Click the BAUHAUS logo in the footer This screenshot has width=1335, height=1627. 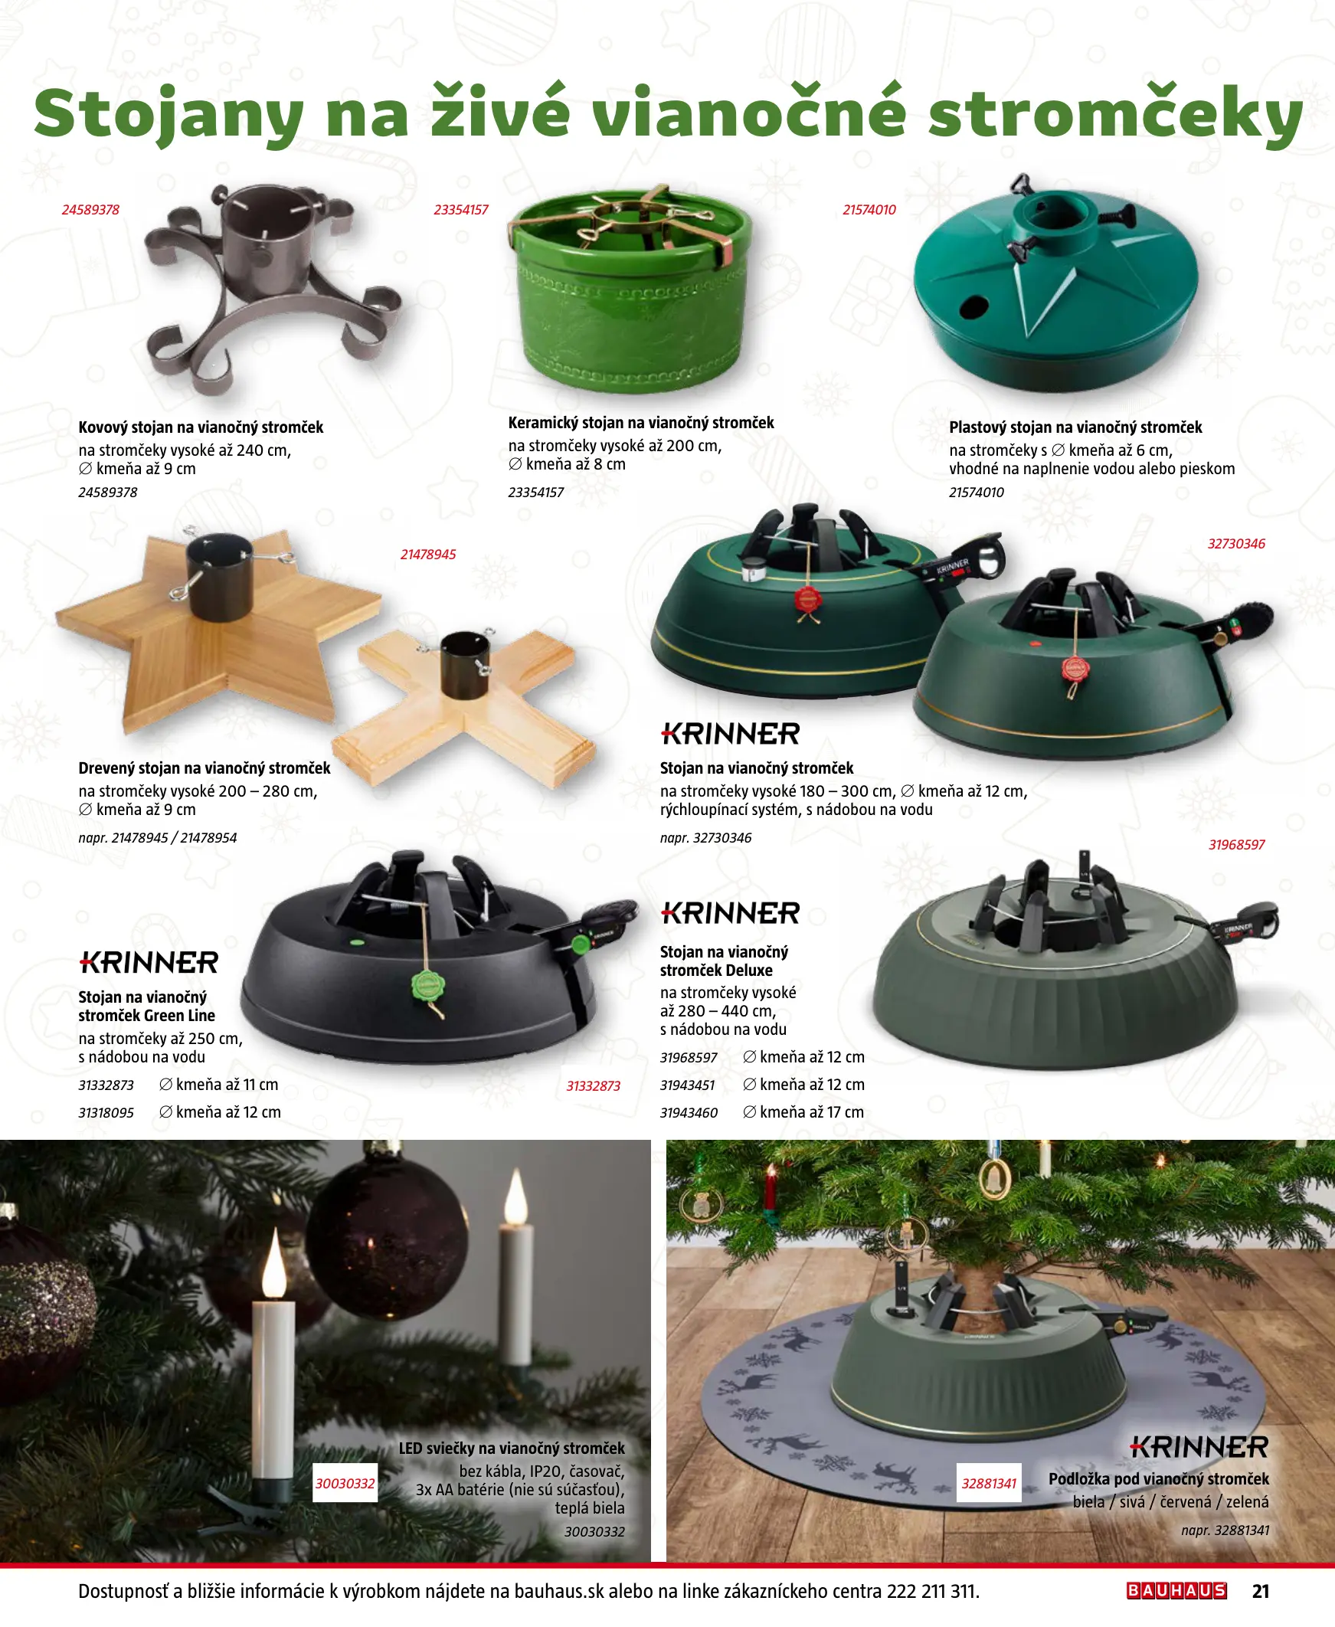tap(1176, 1591)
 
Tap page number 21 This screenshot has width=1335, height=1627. tap(1261, 1591)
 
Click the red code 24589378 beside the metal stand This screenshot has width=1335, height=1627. tap(90, 210)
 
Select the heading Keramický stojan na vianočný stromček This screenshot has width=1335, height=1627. tap(640, 423)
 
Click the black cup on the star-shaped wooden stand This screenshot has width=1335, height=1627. tap(220, 576)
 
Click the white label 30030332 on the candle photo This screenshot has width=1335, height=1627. tap(345, 1483)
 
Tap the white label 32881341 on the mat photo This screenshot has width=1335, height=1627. tap(989, 1483)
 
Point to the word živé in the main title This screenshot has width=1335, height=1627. tap(500, 114)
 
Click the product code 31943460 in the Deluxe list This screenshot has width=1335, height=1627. tap(689, 1112)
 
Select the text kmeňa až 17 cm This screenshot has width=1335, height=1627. tap(812, 1111)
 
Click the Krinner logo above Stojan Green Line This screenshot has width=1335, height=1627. tap(149, 962)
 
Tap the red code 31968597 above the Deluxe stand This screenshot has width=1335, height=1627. tap(1236, 845)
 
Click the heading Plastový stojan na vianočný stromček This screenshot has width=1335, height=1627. tap(1075, 427)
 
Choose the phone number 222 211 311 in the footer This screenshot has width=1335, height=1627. tap(933, 1591)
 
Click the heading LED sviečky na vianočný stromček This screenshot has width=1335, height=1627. tap(512, 1449)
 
